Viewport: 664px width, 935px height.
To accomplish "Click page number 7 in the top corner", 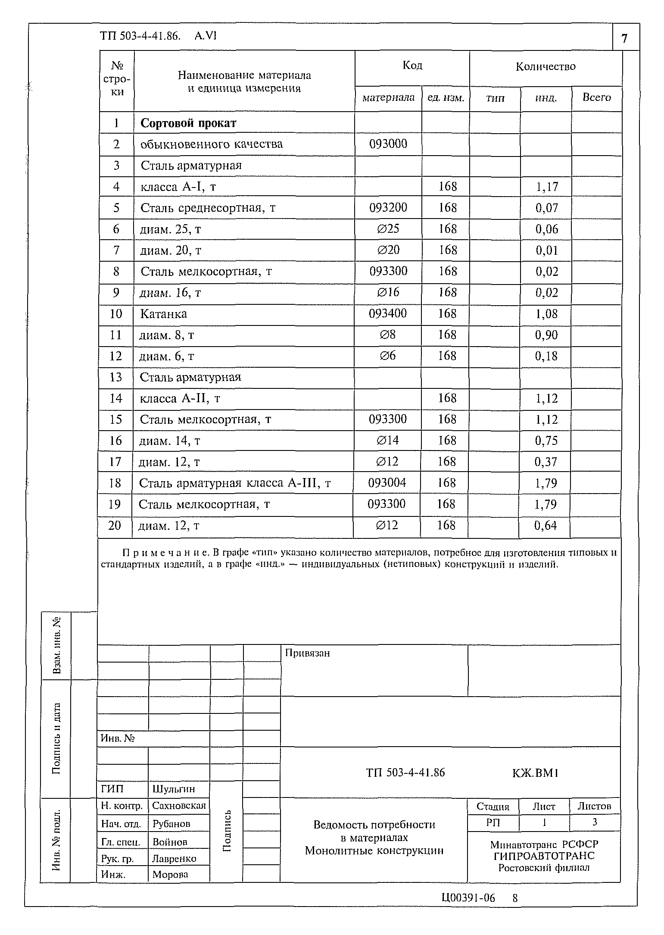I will (x=624, y=39).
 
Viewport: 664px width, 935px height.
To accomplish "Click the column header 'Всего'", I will (x=596, y=98).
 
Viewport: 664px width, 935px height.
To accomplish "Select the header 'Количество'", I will (x=545, y=67).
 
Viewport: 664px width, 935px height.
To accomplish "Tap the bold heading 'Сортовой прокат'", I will (x=188, y=123).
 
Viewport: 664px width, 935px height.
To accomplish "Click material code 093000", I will (x=388, y=144).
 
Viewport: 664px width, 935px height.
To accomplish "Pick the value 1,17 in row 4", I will (x=546, y=187).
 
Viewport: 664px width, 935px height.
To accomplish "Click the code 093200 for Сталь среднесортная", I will (x=388, y=208).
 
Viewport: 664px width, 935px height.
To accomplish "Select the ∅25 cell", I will (x=388, y=229).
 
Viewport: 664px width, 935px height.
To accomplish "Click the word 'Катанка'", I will (x=163, y=314).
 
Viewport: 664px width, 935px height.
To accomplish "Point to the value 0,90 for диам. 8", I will (x=546, y=335).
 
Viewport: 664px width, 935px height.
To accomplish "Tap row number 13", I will (x=115, y=377).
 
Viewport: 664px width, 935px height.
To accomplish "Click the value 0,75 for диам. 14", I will (x=546, y=441).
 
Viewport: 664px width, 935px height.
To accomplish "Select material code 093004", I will (x=387, y=483).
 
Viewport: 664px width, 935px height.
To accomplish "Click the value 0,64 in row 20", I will (x=545, y=525).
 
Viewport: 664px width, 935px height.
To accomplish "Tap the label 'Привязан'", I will (x=307, y=653).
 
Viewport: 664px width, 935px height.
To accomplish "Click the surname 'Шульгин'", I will (x=174, y=789).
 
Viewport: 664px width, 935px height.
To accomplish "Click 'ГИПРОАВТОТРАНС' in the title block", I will (x=544, y=856).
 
